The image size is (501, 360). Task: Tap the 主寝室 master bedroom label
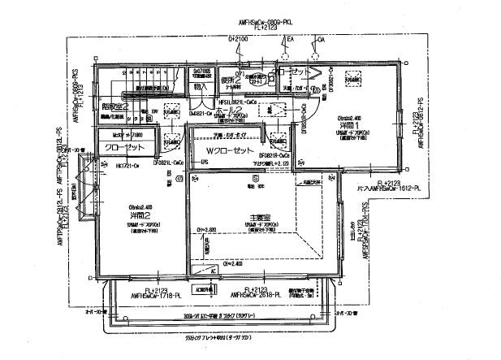(x=261, y=215)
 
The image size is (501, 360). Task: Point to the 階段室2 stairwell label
(x=114, y=106)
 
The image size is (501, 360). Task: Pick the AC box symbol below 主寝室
(x=203, y=288)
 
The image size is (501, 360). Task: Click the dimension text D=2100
(x=238, y=38)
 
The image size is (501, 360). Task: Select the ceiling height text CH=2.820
(x=208, y=229)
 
